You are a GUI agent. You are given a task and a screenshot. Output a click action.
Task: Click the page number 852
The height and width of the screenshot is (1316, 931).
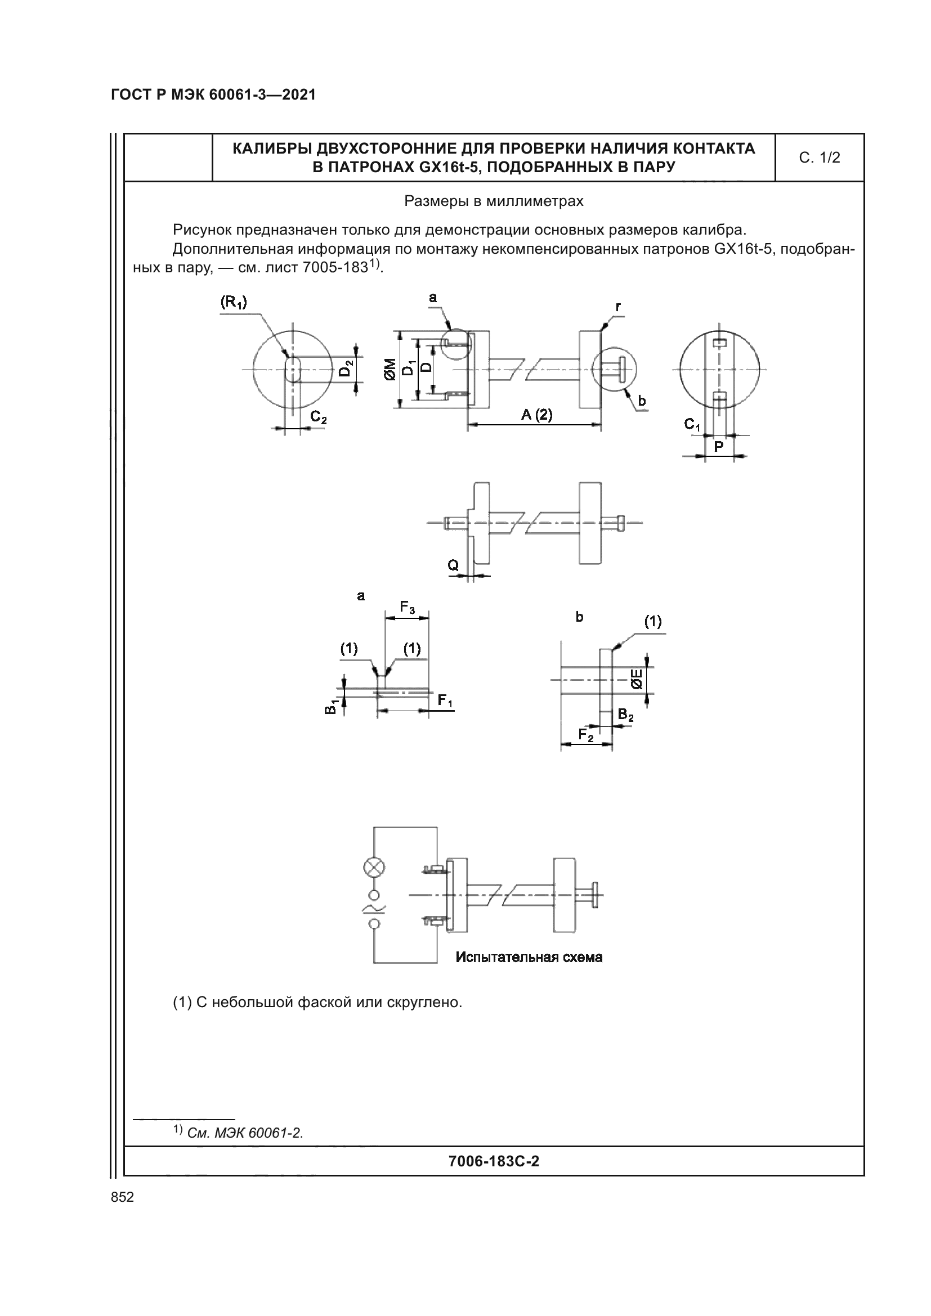(122, 1197)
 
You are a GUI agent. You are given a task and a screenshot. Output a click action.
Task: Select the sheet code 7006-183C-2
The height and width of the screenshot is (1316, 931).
(494, 1161)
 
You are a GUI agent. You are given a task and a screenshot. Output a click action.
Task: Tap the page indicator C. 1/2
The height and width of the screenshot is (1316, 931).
(819, 158)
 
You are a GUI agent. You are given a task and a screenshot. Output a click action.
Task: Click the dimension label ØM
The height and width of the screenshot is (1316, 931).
(391, 369)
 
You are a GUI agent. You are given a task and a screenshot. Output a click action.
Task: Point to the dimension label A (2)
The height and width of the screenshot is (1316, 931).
(536, 415)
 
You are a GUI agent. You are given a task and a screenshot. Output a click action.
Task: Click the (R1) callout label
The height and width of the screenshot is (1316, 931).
(234, 303)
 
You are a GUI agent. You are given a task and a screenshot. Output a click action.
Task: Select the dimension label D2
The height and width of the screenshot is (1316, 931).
(346, 367)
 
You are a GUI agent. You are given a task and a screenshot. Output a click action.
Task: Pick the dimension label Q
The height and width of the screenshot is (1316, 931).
(453, 565)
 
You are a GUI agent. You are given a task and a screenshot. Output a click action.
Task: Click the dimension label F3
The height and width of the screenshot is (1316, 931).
(407, 607)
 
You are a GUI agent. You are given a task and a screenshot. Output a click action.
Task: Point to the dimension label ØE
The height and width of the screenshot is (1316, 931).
(637, 680)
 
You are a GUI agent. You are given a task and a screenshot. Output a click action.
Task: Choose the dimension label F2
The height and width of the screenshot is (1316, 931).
(586, 734)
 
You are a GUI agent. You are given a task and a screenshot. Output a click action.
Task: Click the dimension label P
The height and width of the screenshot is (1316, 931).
(719, 446)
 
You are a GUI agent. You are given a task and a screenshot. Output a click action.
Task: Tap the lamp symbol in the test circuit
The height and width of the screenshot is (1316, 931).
(375, 867)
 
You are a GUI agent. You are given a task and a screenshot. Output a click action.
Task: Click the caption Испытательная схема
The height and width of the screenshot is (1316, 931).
(529, 956)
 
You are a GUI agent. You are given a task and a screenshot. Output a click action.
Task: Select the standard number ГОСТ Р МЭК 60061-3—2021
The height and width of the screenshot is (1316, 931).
(213, 95)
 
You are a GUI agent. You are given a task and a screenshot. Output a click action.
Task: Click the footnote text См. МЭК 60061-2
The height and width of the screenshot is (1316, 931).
(245, 1133)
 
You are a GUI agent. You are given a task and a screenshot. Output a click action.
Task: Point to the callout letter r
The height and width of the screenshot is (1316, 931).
(618, 307)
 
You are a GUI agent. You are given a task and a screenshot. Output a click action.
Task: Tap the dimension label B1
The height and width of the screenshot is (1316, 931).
(331, 707)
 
